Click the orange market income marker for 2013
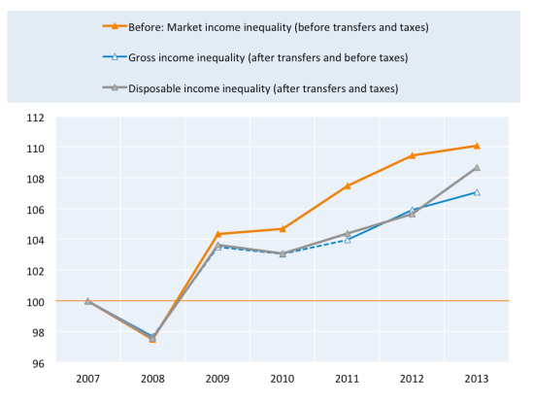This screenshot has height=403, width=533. [x=477, y=146]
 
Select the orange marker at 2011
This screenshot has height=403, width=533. [x=347, y=185]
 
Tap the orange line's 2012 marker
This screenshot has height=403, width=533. [x=412, y=155]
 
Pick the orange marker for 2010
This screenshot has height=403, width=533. [x=283, y=229]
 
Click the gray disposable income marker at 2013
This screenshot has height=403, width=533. [x=477, y=167]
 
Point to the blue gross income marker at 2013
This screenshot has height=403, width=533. [x=477, y=192]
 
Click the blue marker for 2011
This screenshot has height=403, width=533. [x=347, y=240]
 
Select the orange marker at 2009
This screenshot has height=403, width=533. [x=217, y=234]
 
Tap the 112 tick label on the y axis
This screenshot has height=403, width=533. [x=35, y=118]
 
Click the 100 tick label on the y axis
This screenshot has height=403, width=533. [x=35, y=302]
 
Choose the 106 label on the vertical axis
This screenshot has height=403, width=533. [x=35, y=210]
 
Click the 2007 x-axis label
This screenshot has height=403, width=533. [x=87, y=380]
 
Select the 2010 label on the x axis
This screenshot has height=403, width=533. [x=283, y=380]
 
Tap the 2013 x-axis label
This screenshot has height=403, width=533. [x=477, y=380]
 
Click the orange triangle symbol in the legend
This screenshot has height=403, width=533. [x=116, y=27]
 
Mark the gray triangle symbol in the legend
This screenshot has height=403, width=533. [x=116, y=87]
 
